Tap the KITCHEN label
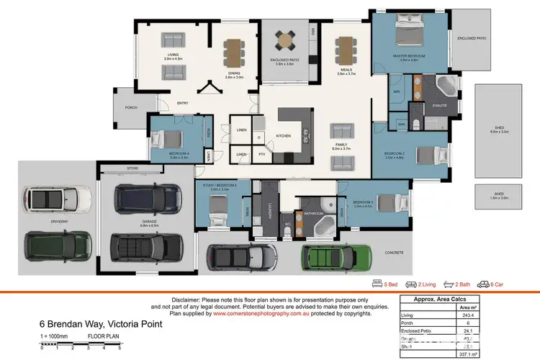(283, 135)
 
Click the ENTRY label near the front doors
(183, 103)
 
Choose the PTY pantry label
(262, 154)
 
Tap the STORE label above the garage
(131, 169)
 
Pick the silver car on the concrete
(237, 257)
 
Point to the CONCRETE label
(393, 252)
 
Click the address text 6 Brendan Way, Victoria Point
(101, 325)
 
